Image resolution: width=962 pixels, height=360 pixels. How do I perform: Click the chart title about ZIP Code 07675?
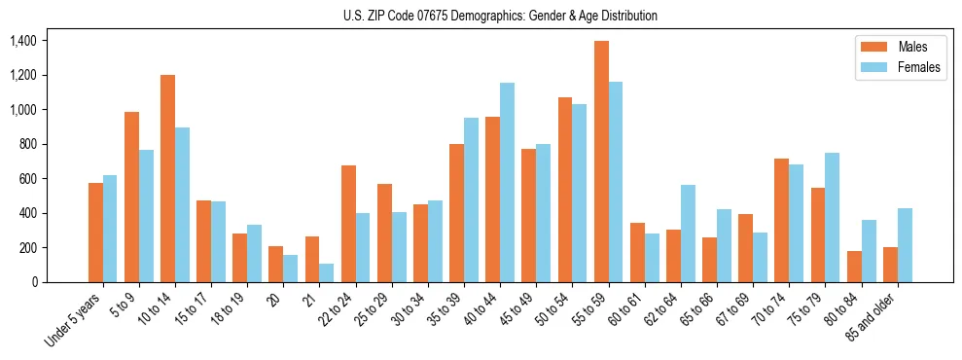click(x=500, y=16)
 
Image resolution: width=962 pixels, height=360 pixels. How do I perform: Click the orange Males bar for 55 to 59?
click(x=601, y=162)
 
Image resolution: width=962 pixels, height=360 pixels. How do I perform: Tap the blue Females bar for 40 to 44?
click(x=508, y=183)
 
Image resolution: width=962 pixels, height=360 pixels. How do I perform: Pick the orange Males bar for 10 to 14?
click(x=168, y=179)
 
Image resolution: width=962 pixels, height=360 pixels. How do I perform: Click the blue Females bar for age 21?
click(x=327, y=273)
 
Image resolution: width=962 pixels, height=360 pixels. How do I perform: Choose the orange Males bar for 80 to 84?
click(x=854, y=267)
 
